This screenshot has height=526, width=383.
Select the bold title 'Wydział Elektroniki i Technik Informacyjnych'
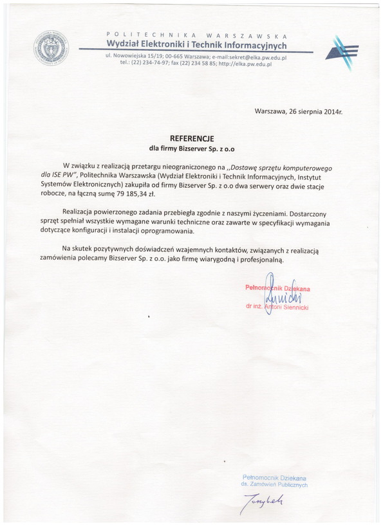pos(196,44)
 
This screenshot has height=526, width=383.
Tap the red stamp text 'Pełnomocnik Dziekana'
pos(277,289)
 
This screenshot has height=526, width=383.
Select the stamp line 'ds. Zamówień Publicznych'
pos(274,485)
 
